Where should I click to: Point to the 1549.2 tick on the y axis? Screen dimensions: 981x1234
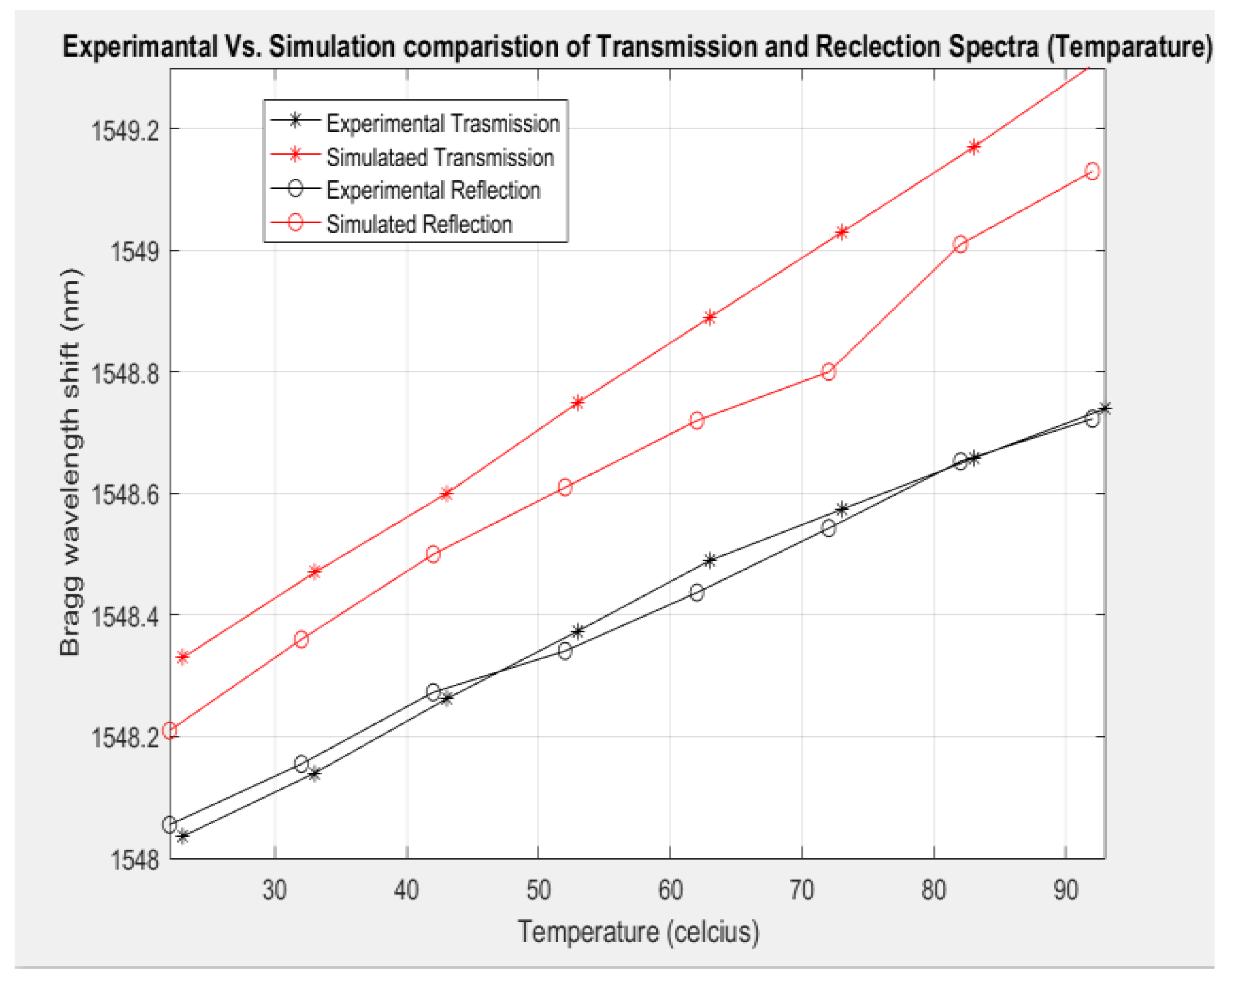click(125, 130)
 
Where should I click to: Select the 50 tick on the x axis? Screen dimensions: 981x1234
click(538, 890)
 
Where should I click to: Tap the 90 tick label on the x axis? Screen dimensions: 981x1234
click(1065, 890)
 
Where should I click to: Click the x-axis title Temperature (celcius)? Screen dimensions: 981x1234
click(638, 932)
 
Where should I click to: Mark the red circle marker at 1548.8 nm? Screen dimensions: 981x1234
click(828, 372)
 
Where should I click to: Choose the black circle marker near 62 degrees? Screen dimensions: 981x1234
click(696, 592)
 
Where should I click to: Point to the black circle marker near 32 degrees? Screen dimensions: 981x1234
click(302, 763)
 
